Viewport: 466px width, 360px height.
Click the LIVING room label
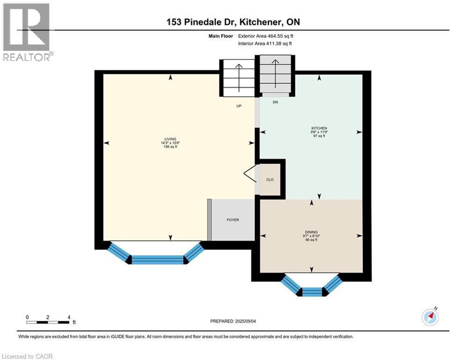tap(170, 139)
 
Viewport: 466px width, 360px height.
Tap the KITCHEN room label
tap(319, 128)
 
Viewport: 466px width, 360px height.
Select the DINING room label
tap(310, 232)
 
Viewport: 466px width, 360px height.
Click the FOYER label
tap(233, 220)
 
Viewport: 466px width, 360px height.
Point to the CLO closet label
tap(270, 180)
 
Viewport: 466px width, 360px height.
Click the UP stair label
tap(238, 106)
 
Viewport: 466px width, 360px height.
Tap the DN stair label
tap(275, 102)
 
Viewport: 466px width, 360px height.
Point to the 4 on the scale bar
tap(69, 317)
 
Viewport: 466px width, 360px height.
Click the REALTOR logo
tap(27, 31)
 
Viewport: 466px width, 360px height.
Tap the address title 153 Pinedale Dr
tap(233, 22)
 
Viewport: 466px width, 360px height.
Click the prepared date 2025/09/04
tap(233, 321)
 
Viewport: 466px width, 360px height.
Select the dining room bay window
tap(312, 287)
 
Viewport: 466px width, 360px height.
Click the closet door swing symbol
tap(250, 173)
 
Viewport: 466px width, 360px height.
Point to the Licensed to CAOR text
tap(28, 356)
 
